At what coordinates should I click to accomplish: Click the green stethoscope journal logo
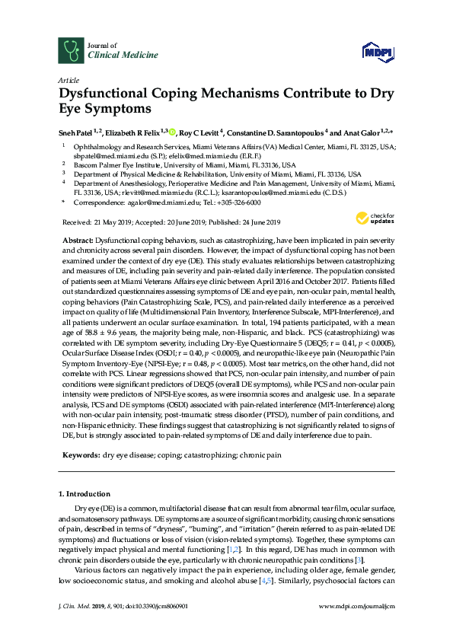click(x=70, y=50)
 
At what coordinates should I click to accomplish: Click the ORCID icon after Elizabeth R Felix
click(x=172, y=130)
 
